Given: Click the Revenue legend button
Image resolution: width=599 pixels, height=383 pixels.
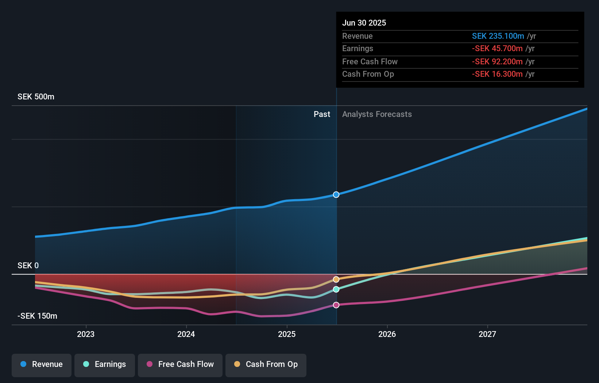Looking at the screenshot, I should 42,364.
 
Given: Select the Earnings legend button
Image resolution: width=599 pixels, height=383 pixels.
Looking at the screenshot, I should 105,364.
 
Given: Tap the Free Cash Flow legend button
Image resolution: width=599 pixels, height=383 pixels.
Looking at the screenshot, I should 180,364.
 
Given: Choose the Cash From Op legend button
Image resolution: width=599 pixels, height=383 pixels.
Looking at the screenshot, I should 266,364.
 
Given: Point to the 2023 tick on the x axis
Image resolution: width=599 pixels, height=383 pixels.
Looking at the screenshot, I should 86,334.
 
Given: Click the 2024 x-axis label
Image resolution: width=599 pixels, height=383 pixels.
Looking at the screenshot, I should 186,334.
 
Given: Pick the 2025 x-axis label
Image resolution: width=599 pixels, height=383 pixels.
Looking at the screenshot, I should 287,334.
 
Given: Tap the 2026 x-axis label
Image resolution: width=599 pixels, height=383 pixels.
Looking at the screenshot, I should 387,334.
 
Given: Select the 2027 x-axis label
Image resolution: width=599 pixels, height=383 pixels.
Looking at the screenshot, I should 487,334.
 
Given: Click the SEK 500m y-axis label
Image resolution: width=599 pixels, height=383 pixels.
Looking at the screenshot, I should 36,97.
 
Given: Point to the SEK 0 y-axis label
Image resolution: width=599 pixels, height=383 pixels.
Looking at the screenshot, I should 28,266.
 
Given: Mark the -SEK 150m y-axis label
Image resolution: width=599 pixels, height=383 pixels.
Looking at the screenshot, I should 37,316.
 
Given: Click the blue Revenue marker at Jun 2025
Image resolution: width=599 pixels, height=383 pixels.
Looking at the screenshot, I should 336,195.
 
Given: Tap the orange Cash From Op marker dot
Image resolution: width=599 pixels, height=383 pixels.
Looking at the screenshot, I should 336,280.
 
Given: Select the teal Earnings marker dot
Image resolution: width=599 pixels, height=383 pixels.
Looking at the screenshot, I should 336,289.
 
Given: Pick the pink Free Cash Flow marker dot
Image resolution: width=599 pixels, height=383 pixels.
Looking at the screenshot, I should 336,305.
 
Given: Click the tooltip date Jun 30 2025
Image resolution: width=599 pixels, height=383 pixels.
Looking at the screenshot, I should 364,23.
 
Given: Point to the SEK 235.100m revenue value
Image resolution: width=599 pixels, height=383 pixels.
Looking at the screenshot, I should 498,36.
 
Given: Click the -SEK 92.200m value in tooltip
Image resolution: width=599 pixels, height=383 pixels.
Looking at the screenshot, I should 497,62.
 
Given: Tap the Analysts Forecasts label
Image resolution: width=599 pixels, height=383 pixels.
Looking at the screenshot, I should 377,114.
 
